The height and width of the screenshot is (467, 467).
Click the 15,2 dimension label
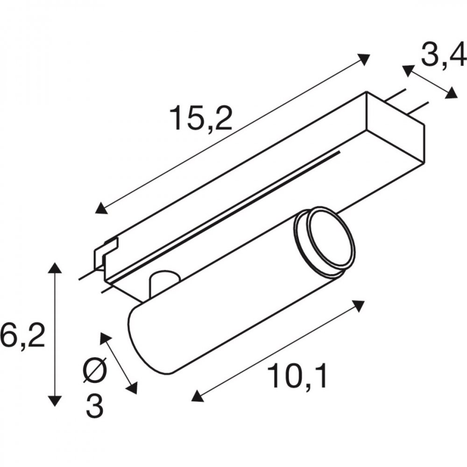point(201,118)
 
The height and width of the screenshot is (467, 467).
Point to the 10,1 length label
point(297,375)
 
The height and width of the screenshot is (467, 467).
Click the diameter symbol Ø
point(95,370)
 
